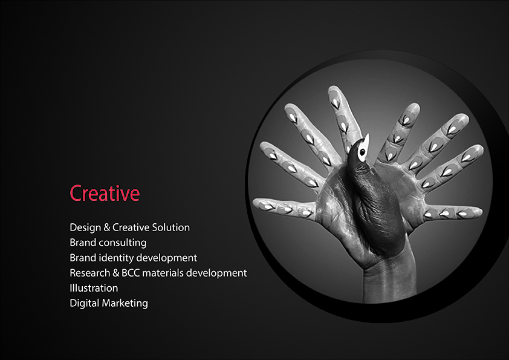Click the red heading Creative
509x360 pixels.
pos(105,194)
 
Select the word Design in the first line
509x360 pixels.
pos(85,227)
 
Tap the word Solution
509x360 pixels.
pos(170,227)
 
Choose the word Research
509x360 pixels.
pos(90,273)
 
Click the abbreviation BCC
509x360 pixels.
pos(131,273)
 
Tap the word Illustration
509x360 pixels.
pos(94,288)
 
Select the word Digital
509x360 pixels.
pos(85,304)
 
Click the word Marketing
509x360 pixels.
pos(125,304)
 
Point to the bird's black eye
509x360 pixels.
pos(362,152)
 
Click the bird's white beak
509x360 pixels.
pos(366,141)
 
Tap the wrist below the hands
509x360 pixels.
pos(389,283)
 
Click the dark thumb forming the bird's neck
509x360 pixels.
pos(374,201)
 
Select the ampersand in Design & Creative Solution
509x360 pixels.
pos(107,227)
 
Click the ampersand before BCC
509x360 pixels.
pos(116,273)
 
